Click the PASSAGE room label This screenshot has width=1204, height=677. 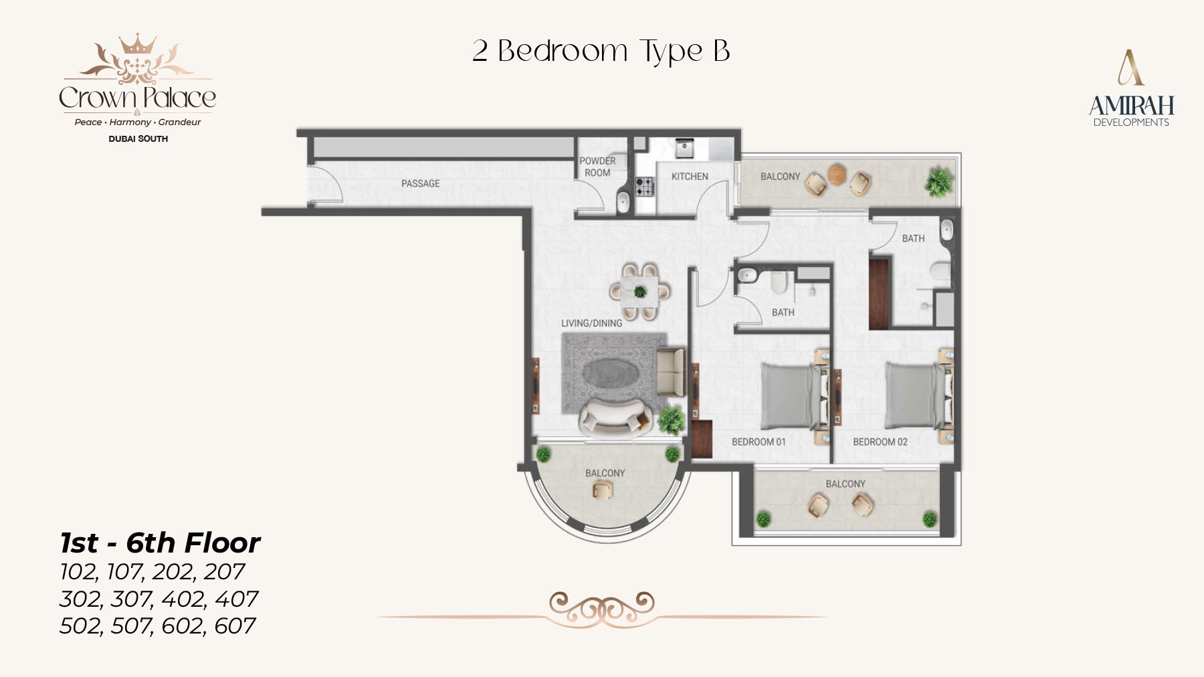click(x=420, y=183)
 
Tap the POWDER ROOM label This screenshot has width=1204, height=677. click(x=597, y=167)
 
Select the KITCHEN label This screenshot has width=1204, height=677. click(x=690, y=177)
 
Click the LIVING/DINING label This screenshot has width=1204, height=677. click(x=591, y=323)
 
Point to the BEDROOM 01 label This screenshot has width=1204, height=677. click(x=759, y=442)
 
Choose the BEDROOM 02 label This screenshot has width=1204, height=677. click(x=880, y=442)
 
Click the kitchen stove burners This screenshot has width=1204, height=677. click(x=645, y=187)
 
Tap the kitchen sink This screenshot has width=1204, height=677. click(x=683, y=149)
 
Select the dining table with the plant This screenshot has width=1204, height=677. click(x=640, y=292)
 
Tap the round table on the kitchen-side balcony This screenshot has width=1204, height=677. click(x=837, y=174)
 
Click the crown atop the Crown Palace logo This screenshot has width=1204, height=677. click(x=137, y=44)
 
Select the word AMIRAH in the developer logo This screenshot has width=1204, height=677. click(x=1131, y=106)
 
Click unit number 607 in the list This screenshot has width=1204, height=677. click(x=235, y=626)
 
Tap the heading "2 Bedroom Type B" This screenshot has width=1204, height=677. click(x=601, y=51)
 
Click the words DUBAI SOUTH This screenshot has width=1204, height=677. click(x=138, y=139)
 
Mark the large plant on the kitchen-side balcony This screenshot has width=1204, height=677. click(x=939, y=181)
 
